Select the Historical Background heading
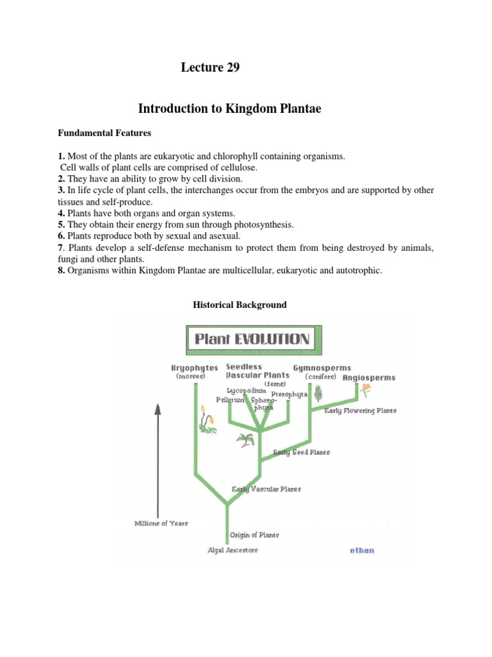tap(240, 305)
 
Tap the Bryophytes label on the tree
tap(194, 368)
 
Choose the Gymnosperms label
tap(322, 368)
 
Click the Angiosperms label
tap(369, 378)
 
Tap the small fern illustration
tap(244, 440)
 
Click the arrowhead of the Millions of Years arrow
tap(158, 409)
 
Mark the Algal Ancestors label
tap(233, 550)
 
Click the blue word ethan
tap(362, 550)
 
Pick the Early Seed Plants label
tap(301, 452)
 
